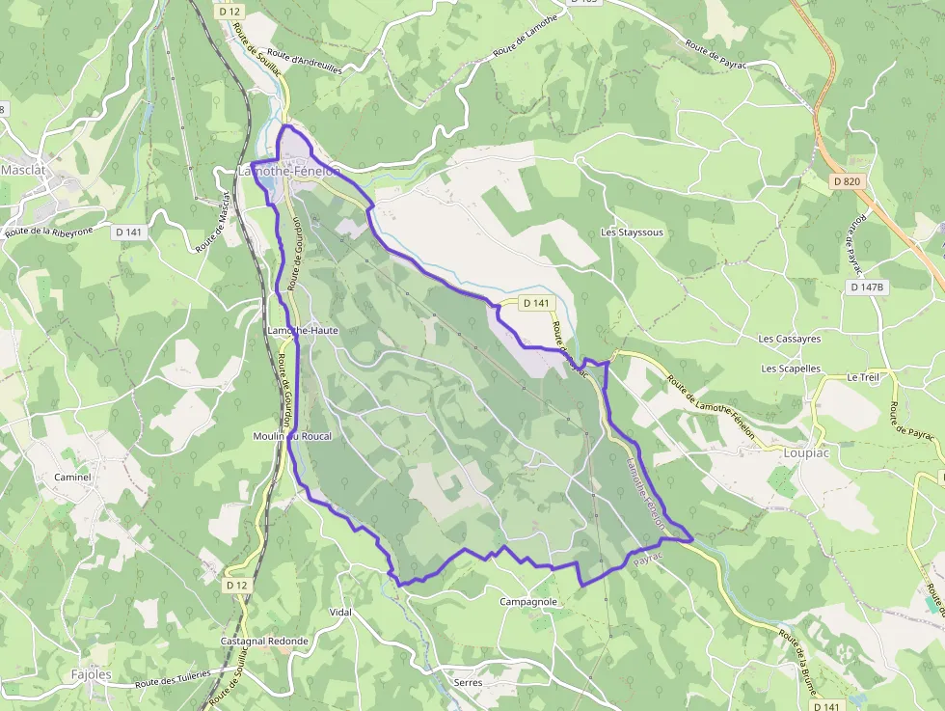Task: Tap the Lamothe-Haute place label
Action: click(x=303, y=330)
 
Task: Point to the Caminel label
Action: click(x=72, y=477)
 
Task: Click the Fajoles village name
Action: click(x=91, y=674)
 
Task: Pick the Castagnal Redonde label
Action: click(x=264, y=641)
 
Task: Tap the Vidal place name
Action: click(x=340, y=613)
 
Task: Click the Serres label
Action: click(x=468, y=682)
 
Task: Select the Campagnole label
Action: click(x=528, y=602)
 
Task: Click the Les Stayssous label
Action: click(x=632, y=232)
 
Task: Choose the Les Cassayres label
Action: click(x=790, y=339)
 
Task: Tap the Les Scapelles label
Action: click(x=791, y=369)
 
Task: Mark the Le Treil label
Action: click(x=863, y=377)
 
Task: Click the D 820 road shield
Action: click(x=846, y=181)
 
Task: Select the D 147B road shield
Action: click(x=867, y=287)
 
